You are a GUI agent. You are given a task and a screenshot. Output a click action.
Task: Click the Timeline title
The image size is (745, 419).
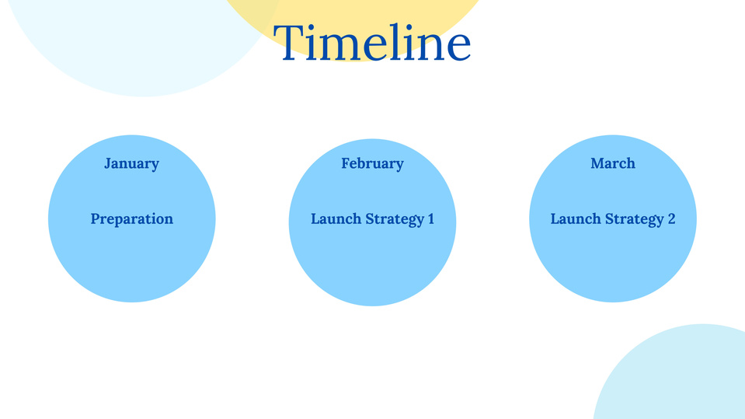(372, 42)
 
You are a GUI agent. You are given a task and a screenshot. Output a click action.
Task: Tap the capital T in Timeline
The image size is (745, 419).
(289, 42)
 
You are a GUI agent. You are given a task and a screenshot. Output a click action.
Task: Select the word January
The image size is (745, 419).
(131, 163)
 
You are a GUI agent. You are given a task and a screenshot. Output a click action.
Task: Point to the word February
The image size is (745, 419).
(373, 163)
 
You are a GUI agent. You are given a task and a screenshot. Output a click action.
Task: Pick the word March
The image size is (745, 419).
(613, 163)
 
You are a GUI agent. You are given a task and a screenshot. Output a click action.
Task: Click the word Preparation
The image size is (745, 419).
(131, 219)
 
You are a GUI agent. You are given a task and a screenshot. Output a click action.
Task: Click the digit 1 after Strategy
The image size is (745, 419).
(431, 218)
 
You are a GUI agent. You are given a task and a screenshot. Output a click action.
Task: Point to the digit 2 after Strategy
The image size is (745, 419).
(672, 218)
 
